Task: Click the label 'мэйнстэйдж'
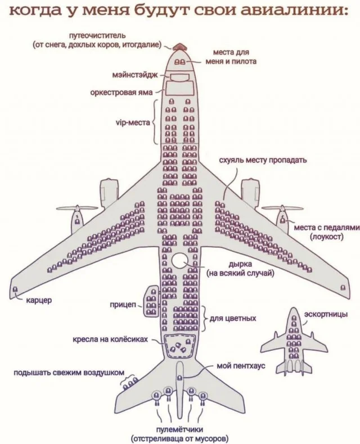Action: [135, 74]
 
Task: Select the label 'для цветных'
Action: [233, 318]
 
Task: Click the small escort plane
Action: [293, 341]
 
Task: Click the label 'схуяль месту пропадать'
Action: [263, 160]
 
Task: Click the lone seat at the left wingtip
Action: [15, 290]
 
